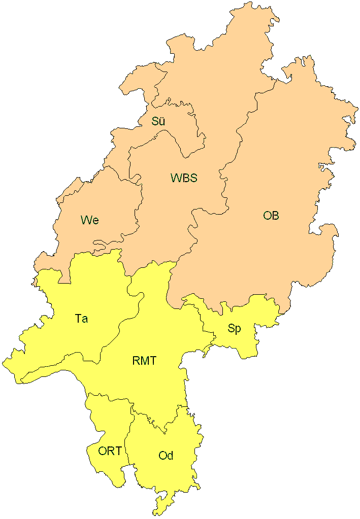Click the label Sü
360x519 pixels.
158,122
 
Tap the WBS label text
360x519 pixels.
183,178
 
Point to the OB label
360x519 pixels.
271,216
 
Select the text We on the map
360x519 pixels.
89,220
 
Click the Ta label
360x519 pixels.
81,319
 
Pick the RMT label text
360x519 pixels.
144,361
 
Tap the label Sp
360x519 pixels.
234,329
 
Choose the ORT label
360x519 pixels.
110,451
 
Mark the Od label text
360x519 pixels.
166,456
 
